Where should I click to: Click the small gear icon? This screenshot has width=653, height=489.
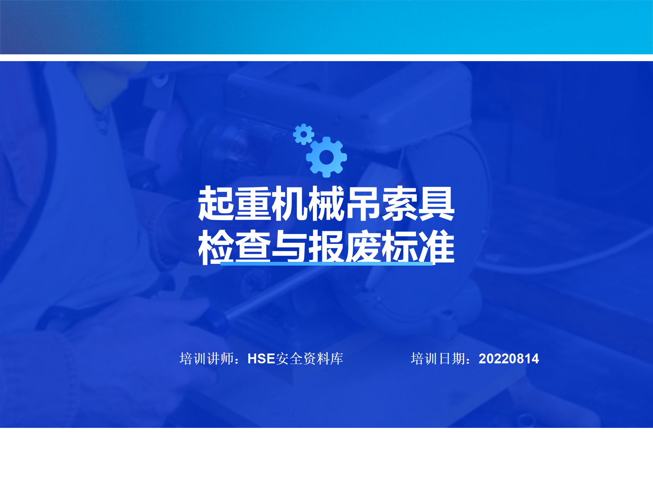coord(303,134)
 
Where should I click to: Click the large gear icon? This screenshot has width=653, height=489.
coord(326,157)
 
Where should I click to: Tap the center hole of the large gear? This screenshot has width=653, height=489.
coord(326,157)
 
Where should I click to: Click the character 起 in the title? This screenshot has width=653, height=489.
coord(216,203)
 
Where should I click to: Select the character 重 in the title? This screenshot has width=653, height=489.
coord(253,203)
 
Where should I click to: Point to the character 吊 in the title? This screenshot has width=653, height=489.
coord(363,203)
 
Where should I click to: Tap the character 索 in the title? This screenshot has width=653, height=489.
coord(400,203)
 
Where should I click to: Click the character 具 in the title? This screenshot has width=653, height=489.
coord(436,203)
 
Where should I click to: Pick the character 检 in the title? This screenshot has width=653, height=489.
coord(216,247)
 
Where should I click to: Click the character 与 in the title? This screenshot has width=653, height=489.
coord(290,247)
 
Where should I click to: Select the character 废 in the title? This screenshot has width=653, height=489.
coord(363,247)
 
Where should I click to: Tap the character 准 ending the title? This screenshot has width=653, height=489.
coord(436,247)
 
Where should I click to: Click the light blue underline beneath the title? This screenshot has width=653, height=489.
coord(326,263)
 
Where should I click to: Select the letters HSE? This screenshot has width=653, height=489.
coord(261,359)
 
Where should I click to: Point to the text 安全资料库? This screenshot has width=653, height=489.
coord(309,359)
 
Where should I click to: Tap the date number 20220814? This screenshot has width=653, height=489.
coord(509,359)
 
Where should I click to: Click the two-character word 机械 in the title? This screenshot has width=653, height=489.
coord(308,203)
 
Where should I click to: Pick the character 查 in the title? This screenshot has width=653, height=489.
coord(253,247)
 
